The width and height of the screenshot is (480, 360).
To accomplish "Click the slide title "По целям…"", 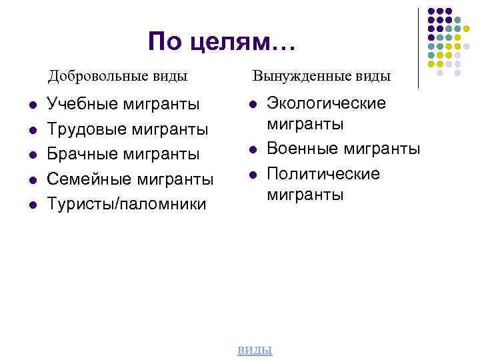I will click(x=221, y=42).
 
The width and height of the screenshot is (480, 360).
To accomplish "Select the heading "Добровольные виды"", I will click(x=117, y=75).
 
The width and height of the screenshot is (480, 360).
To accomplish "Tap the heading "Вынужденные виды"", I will click(x=321, y=75).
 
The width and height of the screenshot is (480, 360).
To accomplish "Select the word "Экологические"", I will click(x=327, y=103).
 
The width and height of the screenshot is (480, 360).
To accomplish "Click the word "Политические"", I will click(x=323, y=173).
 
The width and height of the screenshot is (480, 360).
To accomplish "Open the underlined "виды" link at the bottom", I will click(x=255, y=350).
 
